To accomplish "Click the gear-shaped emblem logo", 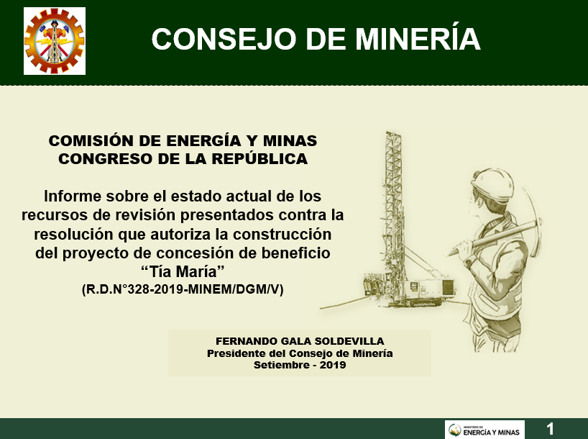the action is pyautogui.click(x=55, y=41).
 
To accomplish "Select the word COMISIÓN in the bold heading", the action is pyautogui.click(x=91, y=140).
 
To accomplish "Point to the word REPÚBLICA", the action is pyautogui.click(x=259, y=158).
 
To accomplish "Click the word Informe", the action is pyautogui.click(x=73, y=196).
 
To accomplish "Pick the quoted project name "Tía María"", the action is pyautogui.click(x=183, y=271).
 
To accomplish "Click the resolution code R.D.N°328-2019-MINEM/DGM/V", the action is pyautogui.click(x=183, y=289).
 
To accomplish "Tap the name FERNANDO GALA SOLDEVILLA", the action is pyautogui.click(x=300, y=341).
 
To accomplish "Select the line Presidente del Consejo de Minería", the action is pyautogui.click(x=300, y=353).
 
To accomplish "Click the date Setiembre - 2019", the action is pyautogui.click(x=300, y=365).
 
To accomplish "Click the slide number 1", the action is pyautogui.click(x=550, y=428).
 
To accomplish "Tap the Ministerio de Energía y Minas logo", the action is pyautogui.click(x=484, y=430).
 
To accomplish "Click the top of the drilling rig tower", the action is pyautogui.click(x=392, y=134).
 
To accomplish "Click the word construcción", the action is pyautogui.click(x=282, y=234).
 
